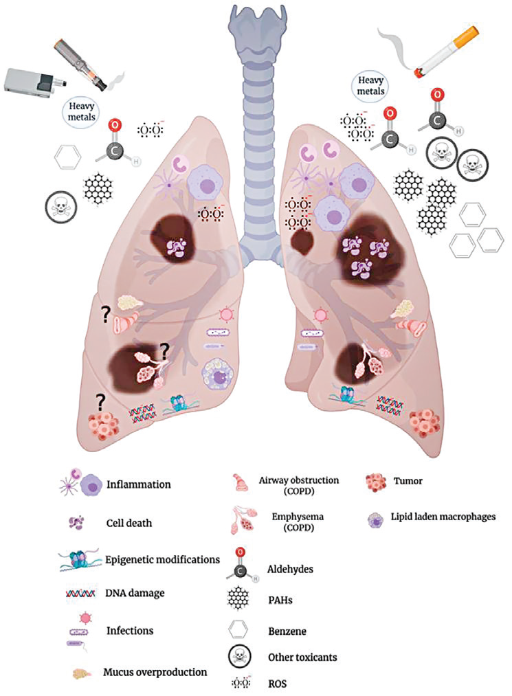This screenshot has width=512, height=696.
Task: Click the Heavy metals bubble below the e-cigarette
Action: pyautogui.click(x=82, y=109)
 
